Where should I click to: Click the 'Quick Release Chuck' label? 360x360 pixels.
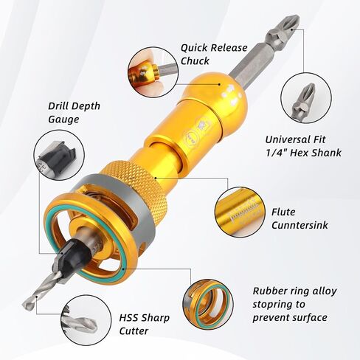point(215,54)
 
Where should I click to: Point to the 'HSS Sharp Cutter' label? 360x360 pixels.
point(145,325)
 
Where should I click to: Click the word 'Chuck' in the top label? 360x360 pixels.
point(195,60)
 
